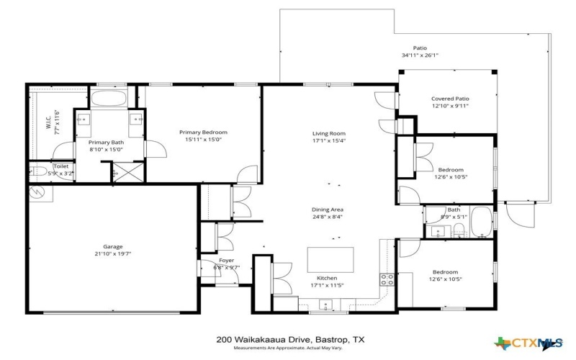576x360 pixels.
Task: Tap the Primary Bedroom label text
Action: (203, 132)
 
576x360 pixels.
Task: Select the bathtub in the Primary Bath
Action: (109, 98)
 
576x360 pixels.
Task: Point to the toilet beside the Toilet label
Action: (37, 172)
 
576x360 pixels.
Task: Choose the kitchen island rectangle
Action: (332, 258)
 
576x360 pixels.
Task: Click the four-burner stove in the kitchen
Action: (387, 280)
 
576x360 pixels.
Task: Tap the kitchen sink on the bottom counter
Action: (325, 305)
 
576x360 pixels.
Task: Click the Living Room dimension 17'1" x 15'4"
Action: (328, 141)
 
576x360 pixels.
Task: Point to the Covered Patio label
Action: (450, 99)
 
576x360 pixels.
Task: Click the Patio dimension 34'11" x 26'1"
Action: (419, 55)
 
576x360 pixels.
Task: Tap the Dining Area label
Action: (328, 209)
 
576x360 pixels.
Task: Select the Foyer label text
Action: (226, 261)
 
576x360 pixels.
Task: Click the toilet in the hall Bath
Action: (458, 230)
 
